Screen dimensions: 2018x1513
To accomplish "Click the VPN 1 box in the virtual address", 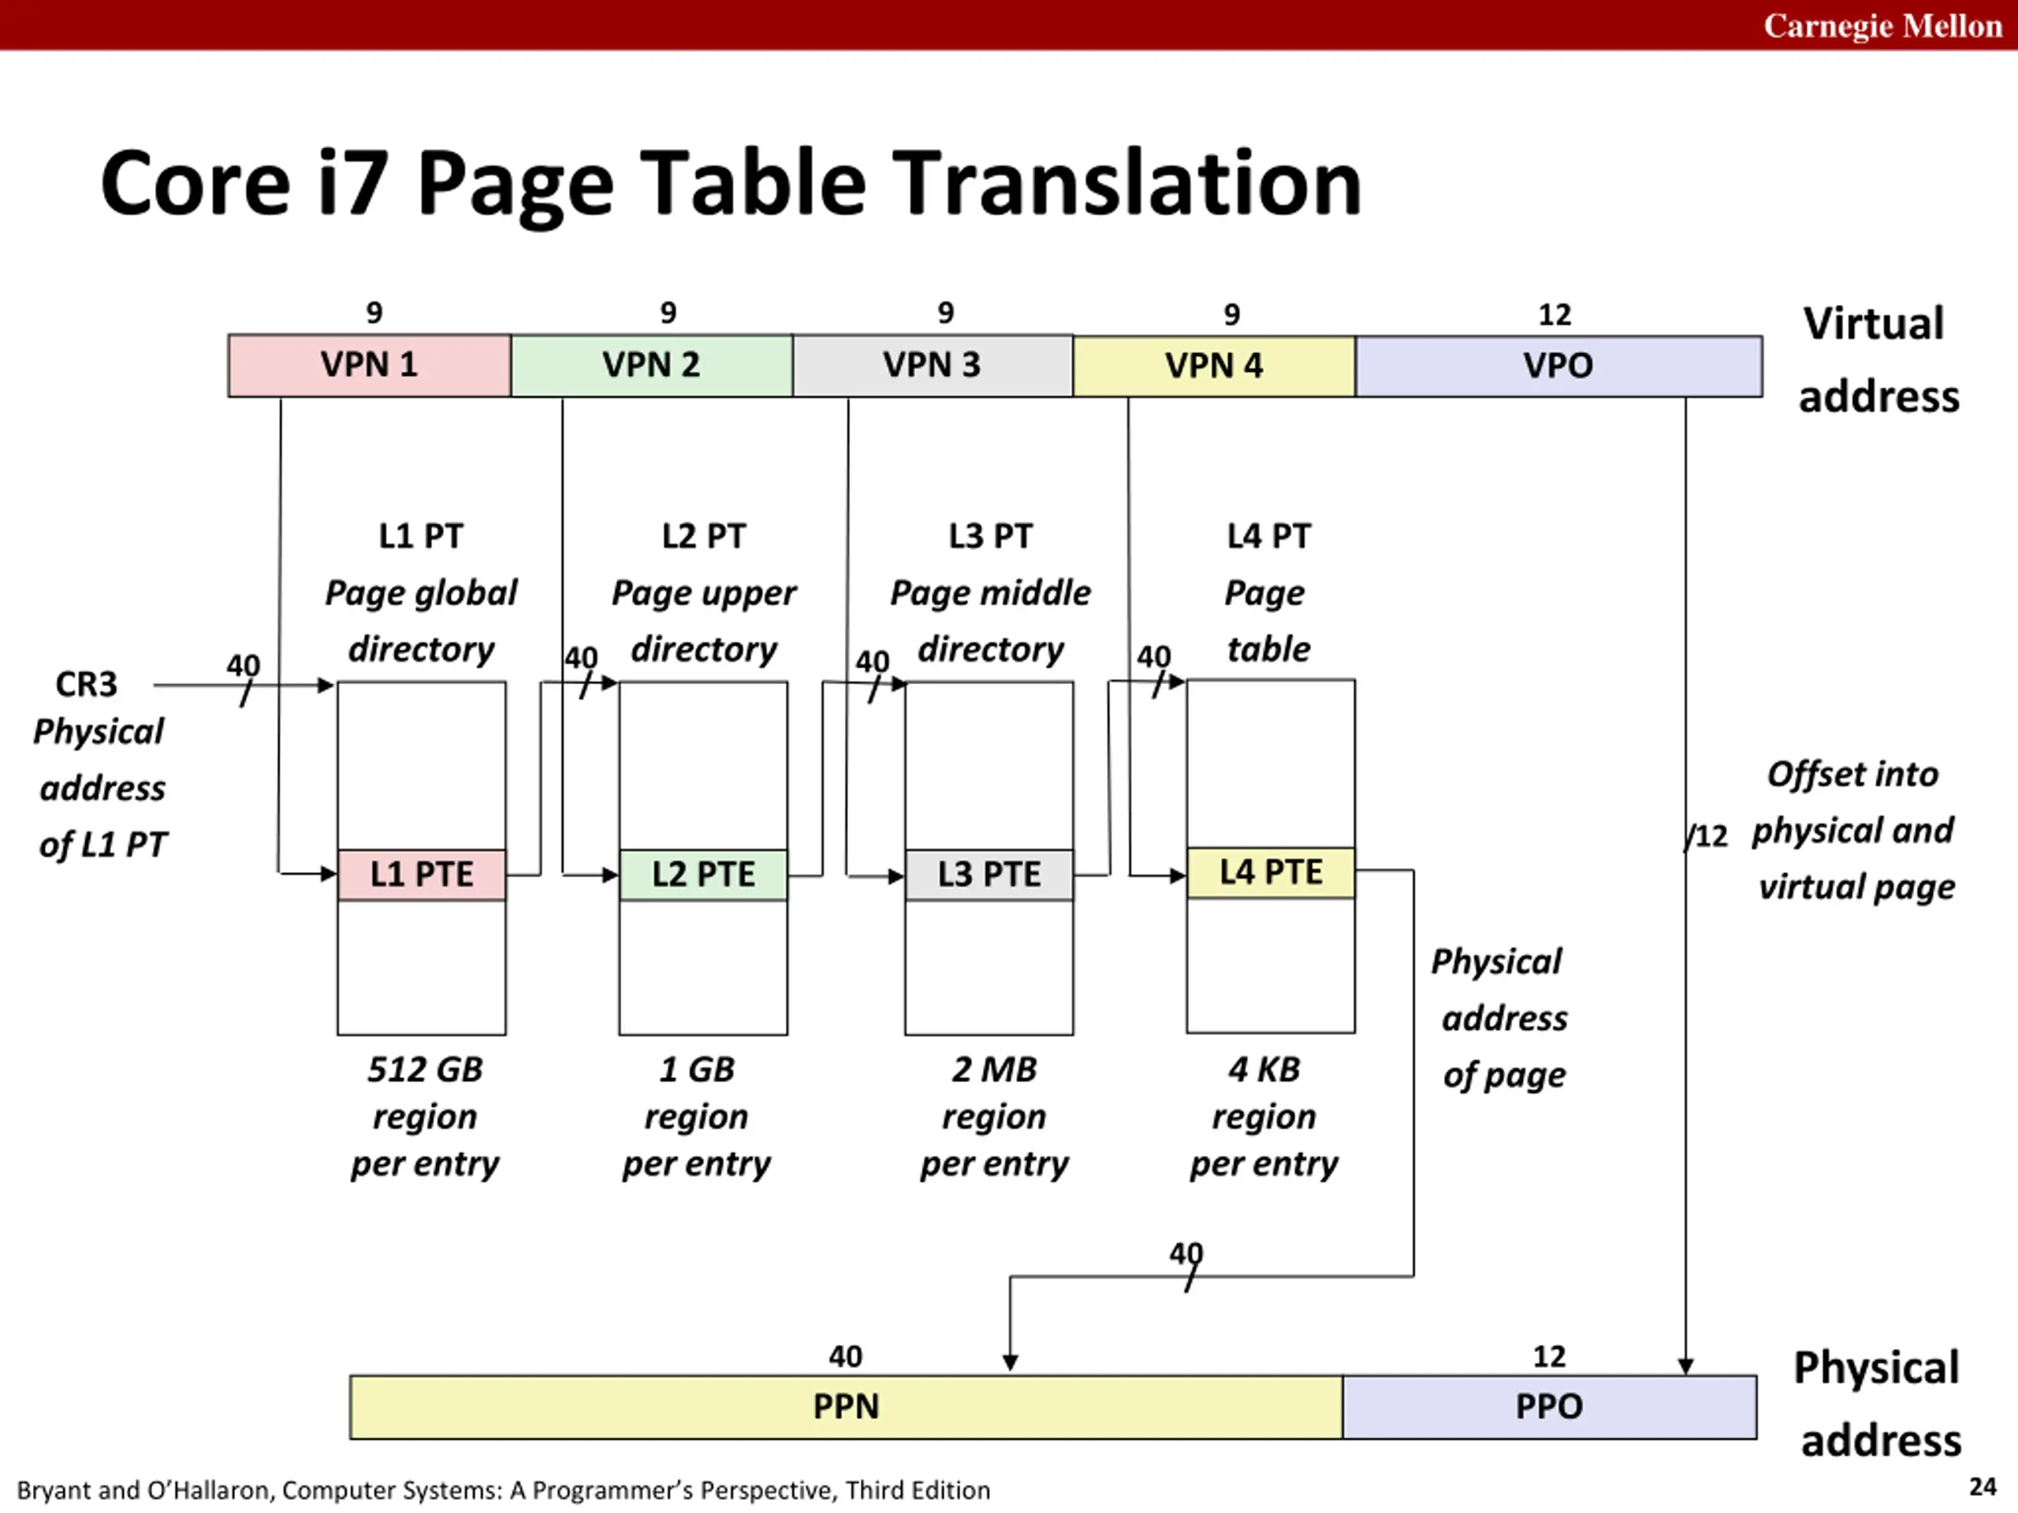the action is point(369,366).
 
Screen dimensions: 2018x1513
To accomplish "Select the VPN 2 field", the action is point(650,366).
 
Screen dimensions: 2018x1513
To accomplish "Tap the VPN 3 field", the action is point(932,366).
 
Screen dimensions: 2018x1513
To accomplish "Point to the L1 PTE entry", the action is point(422,875).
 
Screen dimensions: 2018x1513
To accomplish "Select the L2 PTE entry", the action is point(702,875).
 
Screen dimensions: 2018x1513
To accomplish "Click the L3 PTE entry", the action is point(989,875).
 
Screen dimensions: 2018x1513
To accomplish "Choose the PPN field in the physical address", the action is point(846,1407).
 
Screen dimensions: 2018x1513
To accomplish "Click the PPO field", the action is point(1548,1407).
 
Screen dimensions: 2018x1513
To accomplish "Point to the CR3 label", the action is point(87,685).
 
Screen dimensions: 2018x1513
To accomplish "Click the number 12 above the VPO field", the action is point(1554,315).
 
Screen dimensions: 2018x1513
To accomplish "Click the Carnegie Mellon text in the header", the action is point(1882,25).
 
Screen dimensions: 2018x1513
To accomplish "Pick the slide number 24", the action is point(1983,1488).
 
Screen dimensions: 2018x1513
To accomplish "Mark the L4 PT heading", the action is point(1268,537).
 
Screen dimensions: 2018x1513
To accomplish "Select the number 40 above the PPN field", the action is point(845,1357).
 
